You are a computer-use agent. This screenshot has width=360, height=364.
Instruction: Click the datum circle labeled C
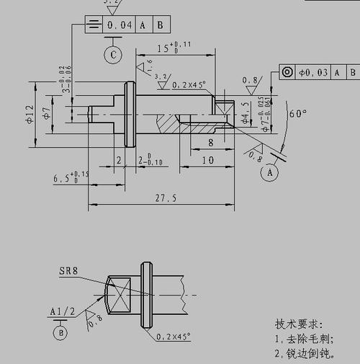(112, 54)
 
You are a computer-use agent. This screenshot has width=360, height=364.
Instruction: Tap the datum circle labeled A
(270, 173)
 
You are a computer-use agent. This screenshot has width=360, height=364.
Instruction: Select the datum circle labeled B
(60, 332)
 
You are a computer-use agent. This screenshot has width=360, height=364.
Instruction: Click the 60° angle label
(297, 113)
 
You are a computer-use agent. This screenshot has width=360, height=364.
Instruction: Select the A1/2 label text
(62, 311)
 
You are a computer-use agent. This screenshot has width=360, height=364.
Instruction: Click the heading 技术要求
(299, 324)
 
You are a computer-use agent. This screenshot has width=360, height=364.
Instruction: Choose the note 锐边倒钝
(302, 353)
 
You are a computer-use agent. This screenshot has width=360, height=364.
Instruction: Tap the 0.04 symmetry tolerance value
(119, 25)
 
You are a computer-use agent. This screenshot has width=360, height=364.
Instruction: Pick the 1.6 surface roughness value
(150, 66)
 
